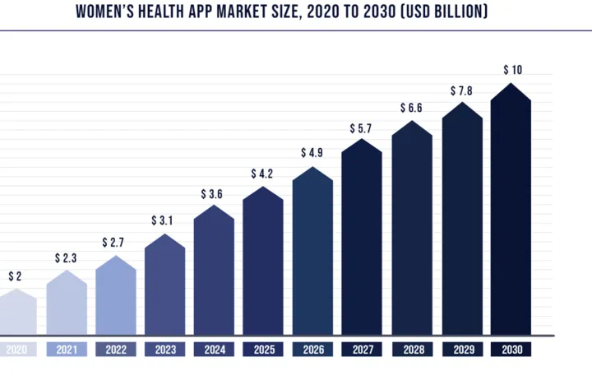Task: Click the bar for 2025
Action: coord(263,263)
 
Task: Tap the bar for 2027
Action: coord(362,239)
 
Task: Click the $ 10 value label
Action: coord(511,70)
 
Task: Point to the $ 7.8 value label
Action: coord(461,90)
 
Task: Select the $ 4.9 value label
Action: coord(312,152)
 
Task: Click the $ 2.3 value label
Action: coord(67,258)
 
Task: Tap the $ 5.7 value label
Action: coord(362,128)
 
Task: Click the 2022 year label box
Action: coord(116,350)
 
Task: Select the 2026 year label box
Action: coord(312,350)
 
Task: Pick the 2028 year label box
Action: coord(412,350)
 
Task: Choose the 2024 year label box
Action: coord(214,350)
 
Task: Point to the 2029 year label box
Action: coord(461,350)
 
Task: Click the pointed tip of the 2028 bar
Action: coord(412,122)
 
